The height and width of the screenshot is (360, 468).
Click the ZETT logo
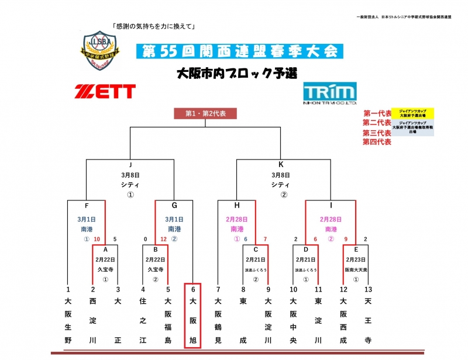pyautogui.click(x=105, y=91)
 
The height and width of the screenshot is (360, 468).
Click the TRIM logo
pyautogui.click(x=329, y=92)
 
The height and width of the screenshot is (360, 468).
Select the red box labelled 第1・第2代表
pyautogui.click(x=205, y=113)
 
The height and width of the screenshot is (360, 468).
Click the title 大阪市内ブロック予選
pyautogui.click(x=236, y=73)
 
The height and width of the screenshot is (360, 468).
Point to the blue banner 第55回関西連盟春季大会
pyautogui.click(x=239, y=51)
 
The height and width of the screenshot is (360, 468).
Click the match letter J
pyautogui.click(x=130, y=165)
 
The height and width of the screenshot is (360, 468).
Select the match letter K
pyautogui.click(x=281, y=165)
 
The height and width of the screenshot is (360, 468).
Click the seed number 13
pyautogui.click(x=367, y=289)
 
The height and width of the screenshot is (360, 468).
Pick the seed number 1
pyautogui.click(x=68, y=289)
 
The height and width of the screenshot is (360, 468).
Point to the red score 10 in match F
pyautogui.click(x=97, y=239)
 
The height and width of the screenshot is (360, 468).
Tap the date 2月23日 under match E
pyautogui.click(x=356, y=258)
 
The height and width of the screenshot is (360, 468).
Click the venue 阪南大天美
pyautogui.click(x=356, y=269)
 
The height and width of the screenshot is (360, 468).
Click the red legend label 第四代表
pyautogui.click(x=377, y=141)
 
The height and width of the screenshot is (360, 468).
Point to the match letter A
pyautogui.click(x=105, y=248)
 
